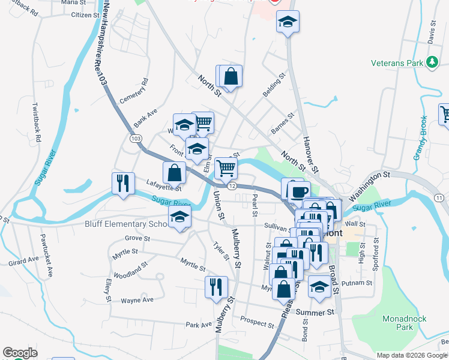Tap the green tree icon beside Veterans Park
point(432,62)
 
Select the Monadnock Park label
point(397,323)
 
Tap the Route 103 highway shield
point(136,138)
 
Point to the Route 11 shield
point(439,197)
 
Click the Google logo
point(20,353)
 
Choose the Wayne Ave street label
point(137,300)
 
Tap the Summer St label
point(315,313)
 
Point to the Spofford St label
point(376,252)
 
